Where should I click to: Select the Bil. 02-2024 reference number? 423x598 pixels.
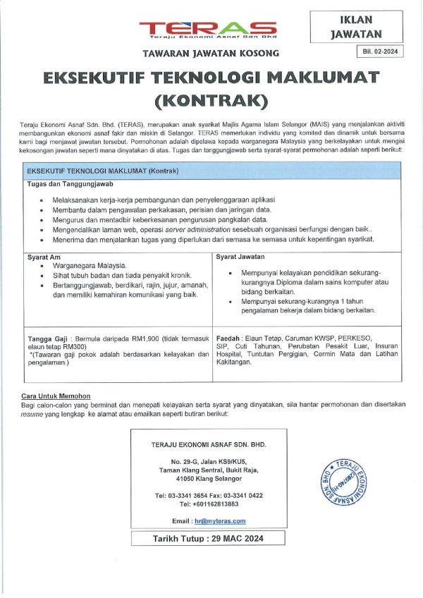tap(381, 51)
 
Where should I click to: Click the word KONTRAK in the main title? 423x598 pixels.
tap(211, 99)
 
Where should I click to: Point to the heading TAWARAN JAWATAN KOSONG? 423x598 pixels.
tap(211, 53)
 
